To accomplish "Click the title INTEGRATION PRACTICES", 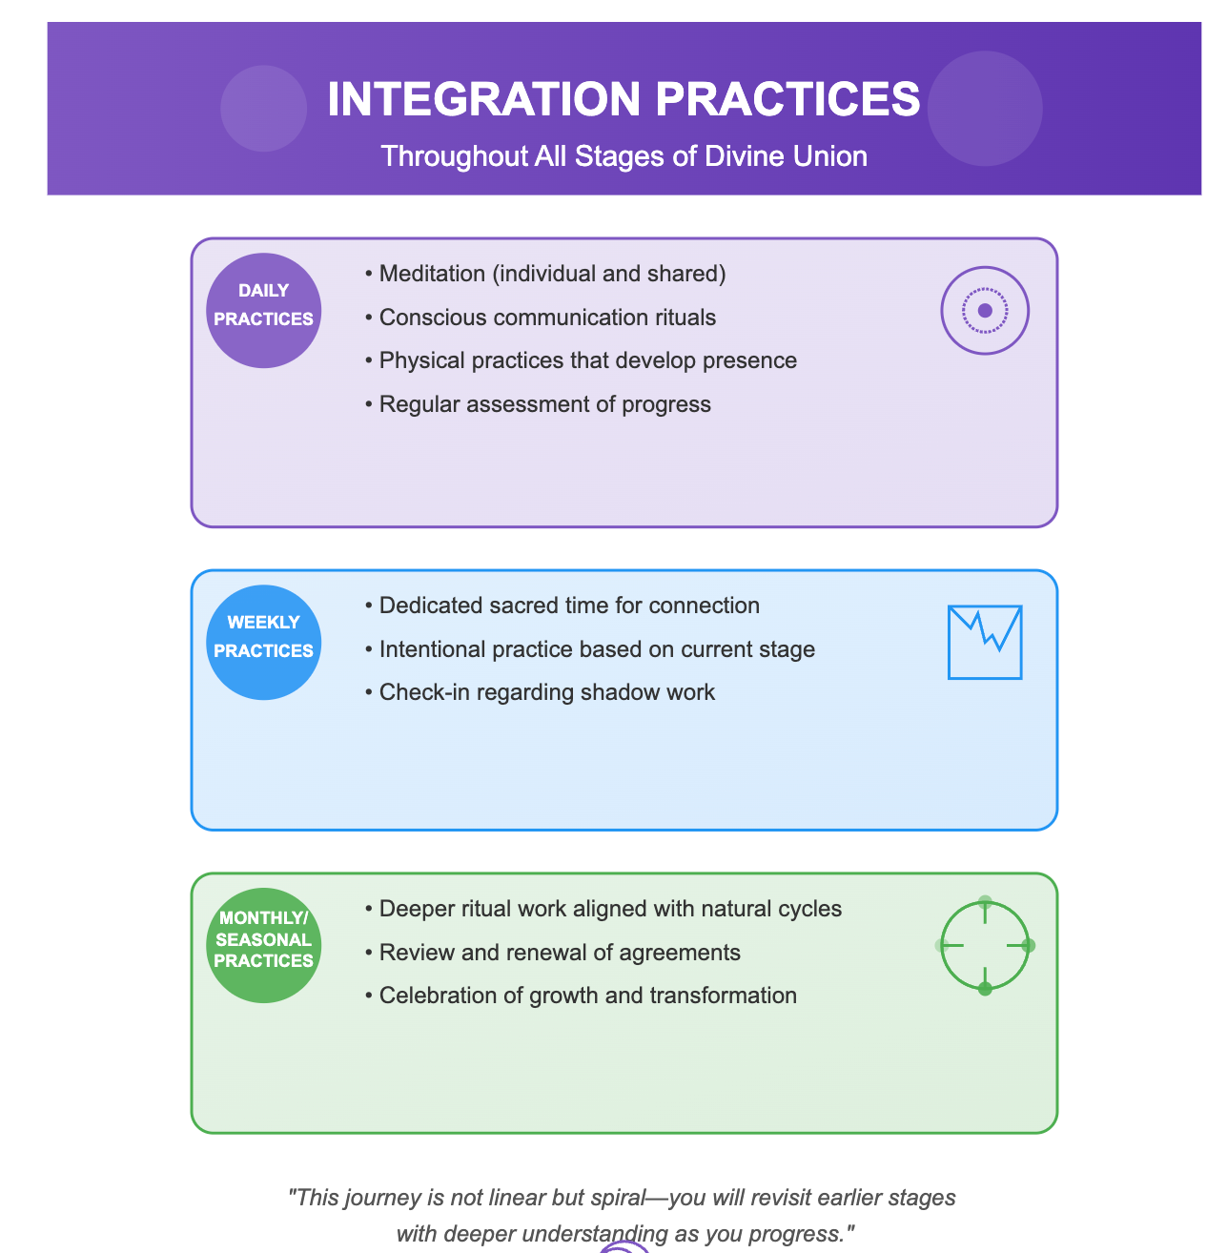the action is pyautogui.click(x=624, y=99).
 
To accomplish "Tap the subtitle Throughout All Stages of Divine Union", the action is pyautogui.click(x=624, y=156).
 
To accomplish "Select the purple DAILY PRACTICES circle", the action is pyautogui.click(x=263, y=311).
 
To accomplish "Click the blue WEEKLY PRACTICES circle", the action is pyautogui.click(x=263, y=643).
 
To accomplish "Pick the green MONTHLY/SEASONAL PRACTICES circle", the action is pyautogui.click(x=263, y=945).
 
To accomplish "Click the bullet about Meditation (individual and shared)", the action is pyautogui.click(x=545, y=274).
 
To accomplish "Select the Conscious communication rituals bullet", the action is pyautogui.click(x=540, y=318).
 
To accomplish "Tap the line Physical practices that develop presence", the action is pyautogui.click(x=581, y=360).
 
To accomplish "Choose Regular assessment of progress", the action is pyautogui.click(x=538, y=404).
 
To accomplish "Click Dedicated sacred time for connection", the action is pyautogui.click(x=562, y=606).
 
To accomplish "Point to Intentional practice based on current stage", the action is pyautogui.click(x=590, y=649).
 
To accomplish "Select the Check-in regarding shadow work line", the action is pyautogui.click(x=540, y=692).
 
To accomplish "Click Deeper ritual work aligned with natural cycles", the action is pyautogui.click(x=603, y=909).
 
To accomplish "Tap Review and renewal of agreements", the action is pyautogui.click(x=552, y=953).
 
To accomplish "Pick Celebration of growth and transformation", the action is pyautogui.click(x=581, y=996).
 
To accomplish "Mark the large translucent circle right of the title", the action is pyautogui.click(x=985, y=109).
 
